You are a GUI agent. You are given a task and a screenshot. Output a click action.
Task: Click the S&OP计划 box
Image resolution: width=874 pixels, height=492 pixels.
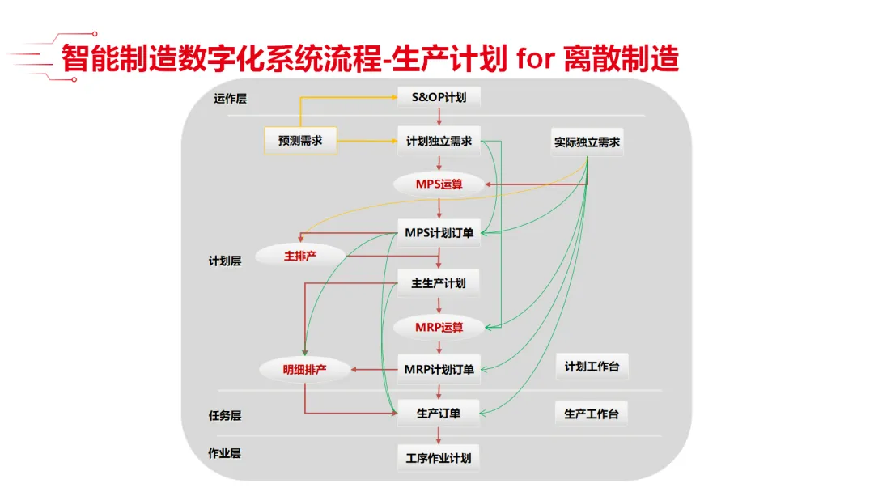[439, 99]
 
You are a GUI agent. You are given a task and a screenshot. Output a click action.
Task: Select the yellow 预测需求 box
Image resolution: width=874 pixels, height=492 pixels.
[300, 141]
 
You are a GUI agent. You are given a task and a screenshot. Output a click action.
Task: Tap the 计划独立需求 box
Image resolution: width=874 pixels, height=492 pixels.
[439, 141]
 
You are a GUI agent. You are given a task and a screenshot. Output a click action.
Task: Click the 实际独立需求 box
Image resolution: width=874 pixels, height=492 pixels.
[588, 142]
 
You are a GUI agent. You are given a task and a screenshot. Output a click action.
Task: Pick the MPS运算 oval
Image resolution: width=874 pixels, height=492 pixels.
[439, 184]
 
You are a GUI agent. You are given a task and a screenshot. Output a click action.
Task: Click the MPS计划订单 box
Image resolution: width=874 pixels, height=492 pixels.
[439, 233]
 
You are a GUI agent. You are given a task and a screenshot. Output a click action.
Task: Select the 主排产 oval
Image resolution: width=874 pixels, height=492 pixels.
[299, 256]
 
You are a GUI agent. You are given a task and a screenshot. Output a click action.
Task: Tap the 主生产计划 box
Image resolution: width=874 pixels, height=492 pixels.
[439, 283]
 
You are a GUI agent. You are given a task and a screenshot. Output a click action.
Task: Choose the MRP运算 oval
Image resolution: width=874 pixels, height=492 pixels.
[439, 327]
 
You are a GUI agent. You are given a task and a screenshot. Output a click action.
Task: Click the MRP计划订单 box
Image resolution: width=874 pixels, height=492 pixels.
[439, 369]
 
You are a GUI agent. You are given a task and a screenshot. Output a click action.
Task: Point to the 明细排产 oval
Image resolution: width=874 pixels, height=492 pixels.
[304, 370]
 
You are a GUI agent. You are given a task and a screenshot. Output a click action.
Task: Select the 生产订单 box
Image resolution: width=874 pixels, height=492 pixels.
[439, 413]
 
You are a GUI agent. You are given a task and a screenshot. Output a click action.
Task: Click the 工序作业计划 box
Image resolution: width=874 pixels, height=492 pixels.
[439, 457]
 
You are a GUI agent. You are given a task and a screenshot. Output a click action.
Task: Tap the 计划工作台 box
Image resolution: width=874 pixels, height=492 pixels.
[592, 367]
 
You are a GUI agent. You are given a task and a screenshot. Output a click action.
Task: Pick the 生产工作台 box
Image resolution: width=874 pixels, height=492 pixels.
[592, 414]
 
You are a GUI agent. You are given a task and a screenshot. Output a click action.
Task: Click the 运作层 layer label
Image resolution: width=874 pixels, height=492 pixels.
[230, 99]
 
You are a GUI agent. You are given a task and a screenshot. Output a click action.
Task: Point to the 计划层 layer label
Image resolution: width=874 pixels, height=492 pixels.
[225, 261]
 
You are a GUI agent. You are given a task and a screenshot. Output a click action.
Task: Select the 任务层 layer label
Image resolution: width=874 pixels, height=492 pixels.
[225, 415]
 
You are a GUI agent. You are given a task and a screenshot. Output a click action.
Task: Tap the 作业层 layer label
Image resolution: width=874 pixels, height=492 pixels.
[225, 453]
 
